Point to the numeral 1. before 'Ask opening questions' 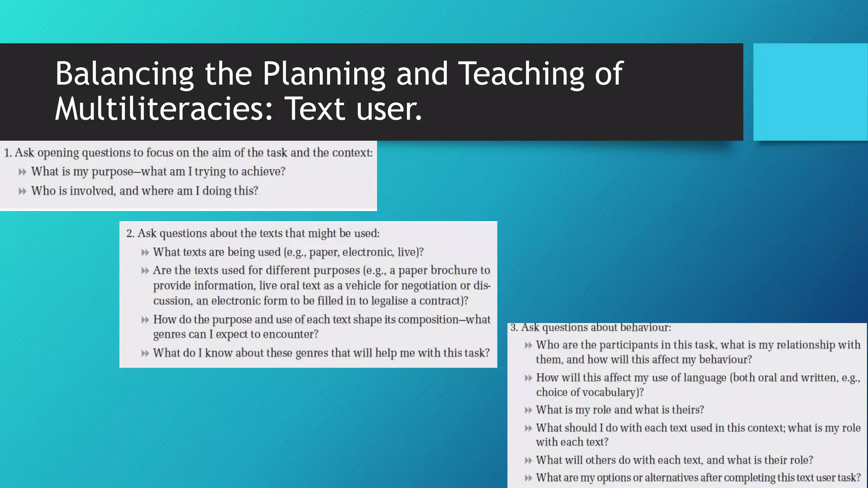[x=8, y=153]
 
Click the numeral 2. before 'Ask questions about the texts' [x=130, y=233]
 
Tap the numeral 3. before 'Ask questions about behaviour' [x=514, y=327]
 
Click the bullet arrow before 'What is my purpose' [x=22, y=172]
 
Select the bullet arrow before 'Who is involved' [x=22, y=191]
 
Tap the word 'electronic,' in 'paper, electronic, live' [x=368, y=252]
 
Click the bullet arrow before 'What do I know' [x=145, y=353]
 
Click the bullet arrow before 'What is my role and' [x=528, y=410]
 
